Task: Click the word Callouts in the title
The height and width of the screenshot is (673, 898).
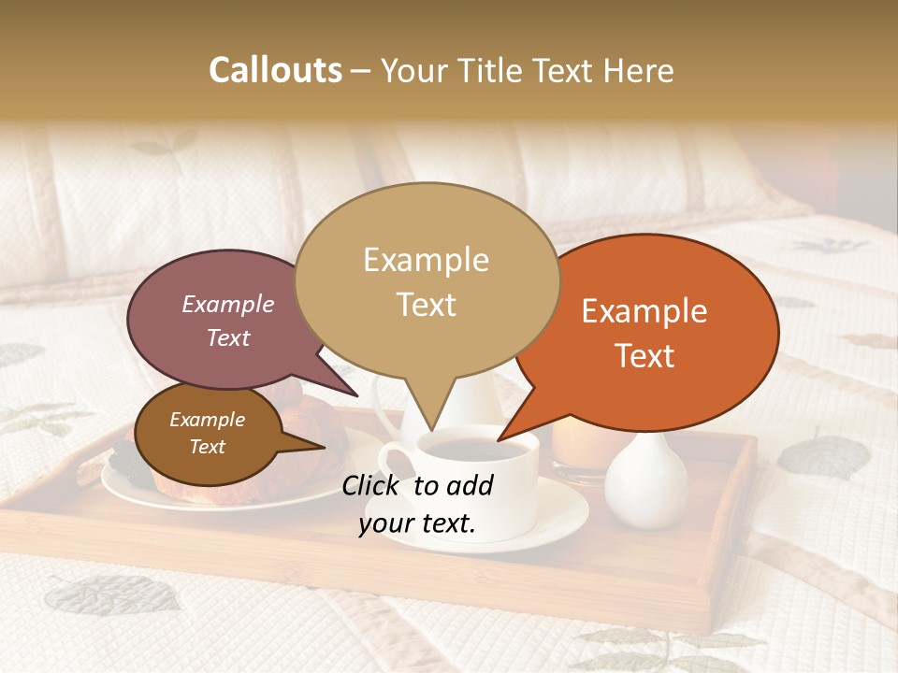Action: click(275, 70)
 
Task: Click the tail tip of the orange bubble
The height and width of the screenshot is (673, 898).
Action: click(499, 439)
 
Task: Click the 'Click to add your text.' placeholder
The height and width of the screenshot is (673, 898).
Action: click(417, 505)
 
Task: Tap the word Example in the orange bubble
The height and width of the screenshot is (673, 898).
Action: click(645, 311)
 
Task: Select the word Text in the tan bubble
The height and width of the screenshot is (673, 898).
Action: click(426, 305)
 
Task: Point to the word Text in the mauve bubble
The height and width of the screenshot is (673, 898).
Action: click(228, 338)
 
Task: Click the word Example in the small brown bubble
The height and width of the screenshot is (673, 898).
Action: click(207, 420)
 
